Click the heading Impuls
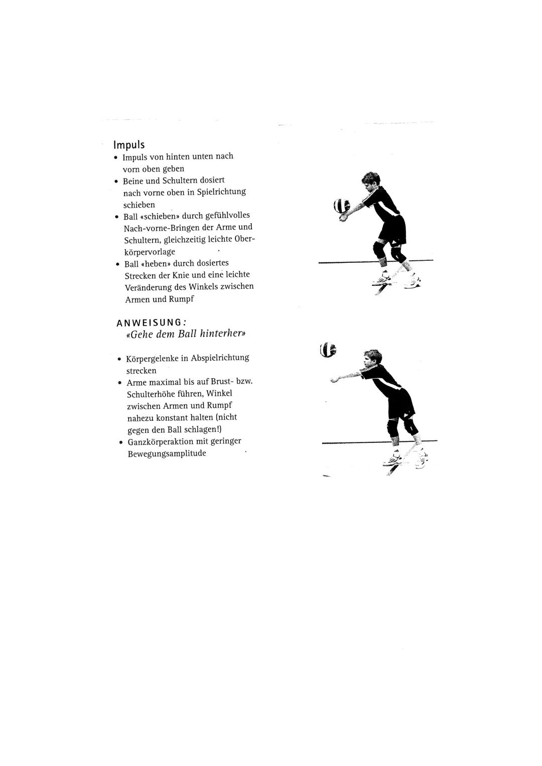click(x=129, y=145)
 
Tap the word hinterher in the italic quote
click(x=223, y=334)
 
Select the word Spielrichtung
click(x=221, y=192)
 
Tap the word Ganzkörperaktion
click(x=161, y=442)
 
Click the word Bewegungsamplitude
click(x=167, y=454)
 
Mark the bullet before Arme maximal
click(x=119, y=383)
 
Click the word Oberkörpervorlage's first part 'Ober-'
click(x=245, y=239)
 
